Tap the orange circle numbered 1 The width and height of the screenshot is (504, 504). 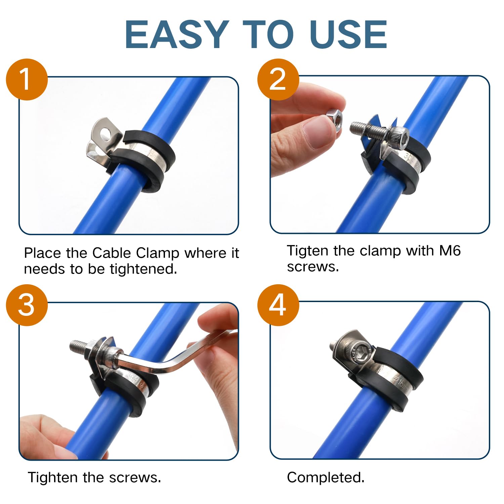(27, 80)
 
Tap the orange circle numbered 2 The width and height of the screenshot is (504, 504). (278, 80)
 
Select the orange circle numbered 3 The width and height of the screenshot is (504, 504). (27, 305)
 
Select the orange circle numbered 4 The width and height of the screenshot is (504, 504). (278, 305)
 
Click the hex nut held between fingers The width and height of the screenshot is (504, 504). (335, 117)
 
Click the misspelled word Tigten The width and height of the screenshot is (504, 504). (307, 251)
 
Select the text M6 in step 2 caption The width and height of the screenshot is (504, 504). (450, 251)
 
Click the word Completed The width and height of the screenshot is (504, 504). (325, 477)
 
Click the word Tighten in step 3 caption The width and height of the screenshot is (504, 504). (53, 477)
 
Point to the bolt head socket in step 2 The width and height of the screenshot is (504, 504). (400, 137)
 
